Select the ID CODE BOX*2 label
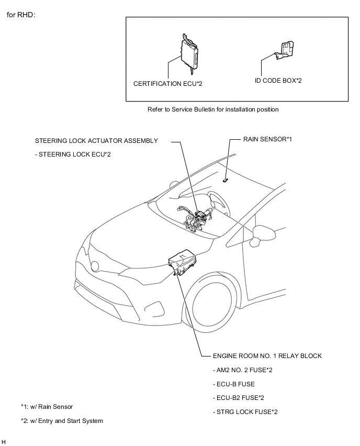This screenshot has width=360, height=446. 278,81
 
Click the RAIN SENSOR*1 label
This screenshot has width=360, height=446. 267,140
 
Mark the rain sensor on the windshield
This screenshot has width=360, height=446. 225,180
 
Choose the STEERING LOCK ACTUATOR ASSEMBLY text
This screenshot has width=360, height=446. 96,141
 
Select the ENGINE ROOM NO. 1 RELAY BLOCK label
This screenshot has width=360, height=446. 267,356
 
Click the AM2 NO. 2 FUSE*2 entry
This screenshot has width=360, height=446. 243,370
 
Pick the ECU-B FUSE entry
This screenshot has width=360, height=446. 234,384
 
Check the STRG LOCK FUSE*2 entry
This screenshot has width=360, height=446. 245,412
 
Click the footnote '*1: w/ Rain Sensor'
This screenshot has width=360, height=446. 47,407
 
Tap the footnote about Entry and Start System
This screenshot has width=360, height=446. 62,421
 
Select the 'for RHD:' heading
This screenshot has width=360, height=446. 21,15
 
